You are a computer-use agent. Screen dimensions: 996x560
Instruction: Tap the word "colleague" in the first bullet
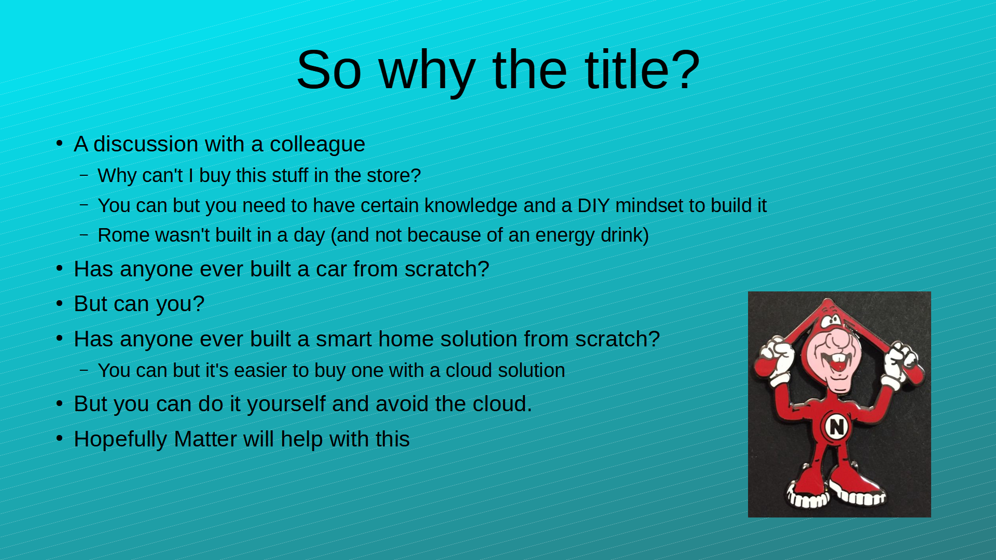coord(317,145)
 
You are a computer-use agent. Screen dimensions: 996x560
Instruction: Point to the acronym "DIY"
coord(593,205)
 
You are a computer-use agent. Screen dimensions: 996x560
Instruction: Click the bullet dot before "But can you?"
coord(60,303)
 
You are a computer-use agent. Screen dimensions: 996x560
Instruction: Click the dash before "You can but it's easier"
coord(84,370)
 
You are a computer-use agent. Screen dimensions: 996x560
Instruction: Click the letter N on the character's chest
coord(836,427)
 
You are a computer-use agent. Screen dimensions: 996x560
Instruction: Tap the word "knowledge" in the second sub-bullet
coord(471,206)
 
